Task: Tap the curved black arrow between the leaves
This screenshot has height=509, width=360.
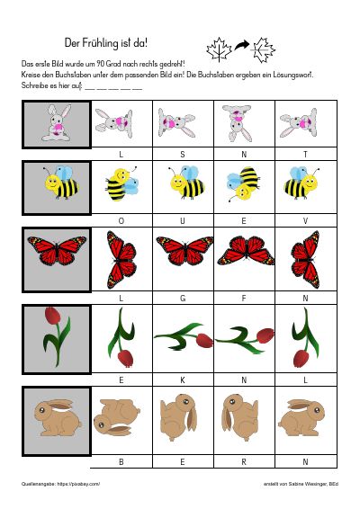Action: [242, 46]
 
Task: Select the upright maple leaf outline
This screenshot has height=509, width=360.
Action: [219, 49]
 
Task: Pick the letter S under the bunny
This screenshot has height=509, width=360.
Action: [183, 155]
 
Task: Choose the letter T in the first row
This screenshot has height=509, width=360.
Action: [305, 155]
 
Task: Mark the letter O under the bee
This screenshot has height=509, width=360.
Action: [121, 221]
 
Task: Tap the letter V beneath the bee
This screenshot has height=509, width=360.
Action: [305, 221]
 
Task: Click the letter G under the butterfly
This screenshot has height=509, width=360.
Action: [183, 298]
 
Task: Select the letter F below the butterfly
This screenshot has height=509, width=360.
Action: [244, 298]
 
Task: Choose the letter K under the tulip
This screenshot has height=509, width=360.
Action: [183, 380]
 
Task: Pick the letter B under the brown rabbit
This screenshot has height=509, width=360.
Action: [121, 461]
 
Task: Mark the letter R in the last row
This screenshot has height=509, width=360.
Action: [244, 461]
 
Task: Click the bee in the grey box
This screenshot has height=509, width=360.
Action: [61, 183]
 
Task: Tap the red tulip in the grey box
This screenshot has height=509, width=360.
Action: [58, 336]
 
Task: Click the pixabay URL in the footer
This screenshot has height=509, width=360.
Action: [78, 484]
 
